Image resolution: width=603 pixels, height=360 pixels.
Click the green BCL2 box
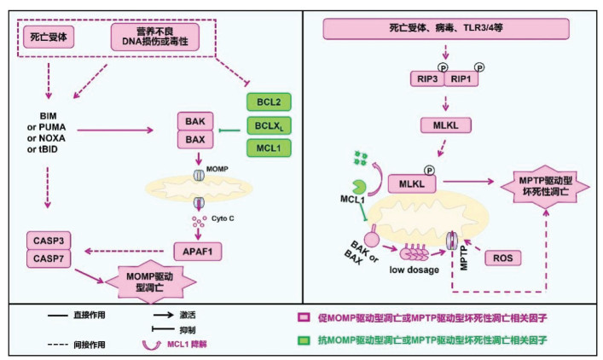[269, 102]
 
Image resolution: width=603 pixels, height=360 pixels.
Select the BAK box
[195, 121]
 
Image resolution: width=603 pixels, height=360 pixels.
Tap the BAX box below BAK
[195, 139]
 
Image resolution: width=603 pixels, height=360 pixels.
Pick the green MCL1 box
[269, 148]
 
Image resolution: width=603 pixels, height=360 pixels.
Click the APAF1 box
[198, 252]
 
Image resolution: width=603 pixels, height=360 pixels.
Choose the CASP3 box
[49, 241]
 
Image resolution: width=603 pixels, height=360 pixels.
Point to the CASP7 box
[49, 258]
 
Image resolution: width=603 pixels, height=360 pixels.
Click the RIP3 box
[427, 78]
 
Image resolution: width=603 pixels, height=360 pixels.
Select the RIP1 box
[461, 78]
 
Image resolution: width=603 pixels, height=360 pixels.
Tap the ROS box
[503, 258]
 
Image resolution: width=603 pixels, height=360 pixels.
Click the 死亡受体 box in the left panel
[49, 37]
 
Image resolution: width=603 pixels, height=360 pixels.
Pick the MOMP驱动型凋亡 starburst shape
[150, 282]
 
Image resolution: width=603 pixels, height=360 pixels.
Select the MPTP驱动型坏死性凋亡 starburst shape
[545, 186]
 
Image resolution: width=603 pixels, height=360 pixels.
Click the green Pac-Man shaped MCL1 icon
[359, 187]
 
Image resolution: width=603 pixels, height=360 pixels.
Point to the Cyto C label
[223, 218]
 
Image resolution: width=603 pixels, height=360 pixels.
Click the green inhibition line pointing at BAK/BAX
[229, 131]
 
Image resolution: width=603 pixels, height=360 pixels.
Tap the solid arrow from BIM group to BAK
[115, 131]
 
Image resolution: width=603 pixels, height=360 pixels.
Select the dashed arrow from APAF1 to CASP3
[124, 251]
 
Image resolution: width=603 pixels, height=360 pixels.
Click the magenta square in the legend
[304, 317]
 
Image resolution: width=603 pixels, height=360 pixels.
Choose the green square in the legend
[304, 340]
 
